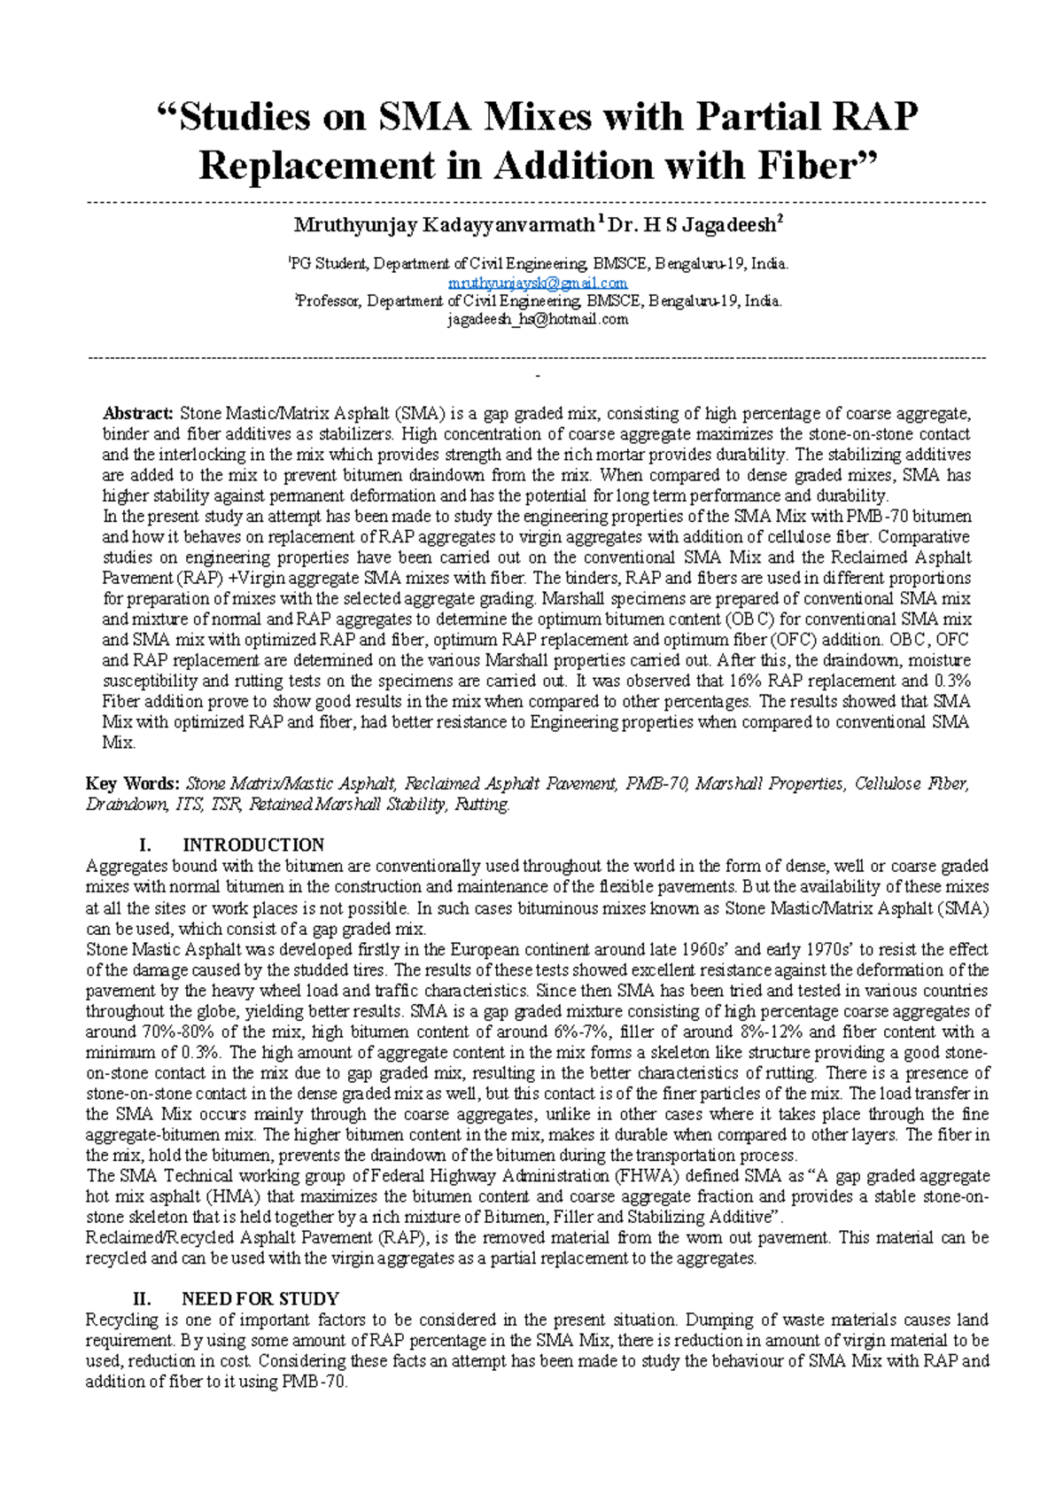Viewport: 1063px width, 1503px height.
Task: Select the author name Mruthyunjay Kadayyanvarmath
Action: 444,225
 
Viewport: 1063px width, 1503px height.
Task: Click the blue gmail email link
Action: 538,283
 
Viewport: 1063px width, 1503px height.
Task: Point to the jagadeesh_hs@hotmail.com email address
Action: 538,320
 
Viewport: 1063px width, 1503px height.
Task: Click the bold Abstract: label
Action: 138,414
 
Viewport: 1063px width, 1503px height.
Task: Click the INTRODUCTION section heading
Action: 253,845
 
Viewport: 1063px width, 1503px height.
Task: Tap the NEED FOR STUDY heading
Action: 260,1299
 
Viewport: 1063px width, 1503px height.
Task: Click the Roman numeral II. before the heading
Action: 142,1299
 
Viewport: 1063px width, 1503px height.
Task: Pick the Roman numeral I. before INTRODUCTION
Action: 146,845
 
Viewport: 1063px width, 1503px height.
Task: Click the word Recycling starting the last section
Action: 122,1320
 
